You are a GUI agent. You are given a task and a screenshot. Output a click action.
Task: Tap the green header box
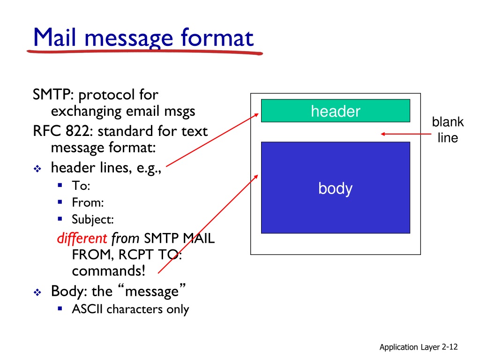pos(335,111)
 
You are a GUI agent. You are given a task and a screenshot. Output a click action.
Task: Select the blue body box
pos(335,187)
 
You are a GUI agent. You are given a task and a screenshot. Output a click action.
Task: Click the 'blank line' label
pos(448,130)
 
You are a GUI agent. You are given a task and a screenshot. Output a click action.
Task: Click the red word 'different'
pos(82,239)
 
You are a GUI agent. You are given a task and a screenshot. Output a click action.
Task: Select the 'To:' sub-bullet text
pos(81,186)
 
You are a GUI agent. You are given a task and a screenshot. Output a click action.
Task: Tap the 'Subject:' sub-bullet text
pos(92,219)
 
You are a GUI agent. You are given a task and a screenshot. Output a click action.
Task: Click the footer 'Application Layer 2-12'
pos(418,347)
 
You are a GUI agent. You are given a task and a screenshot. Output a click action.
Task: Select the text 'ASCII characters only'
pos(130,309)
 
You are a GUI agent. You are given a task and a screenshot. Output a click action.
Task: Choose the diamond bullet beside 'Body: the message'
pos(37,292)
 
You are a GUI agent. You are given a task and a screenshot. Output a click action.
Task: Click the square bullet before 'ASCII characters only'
pos(60,309)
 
